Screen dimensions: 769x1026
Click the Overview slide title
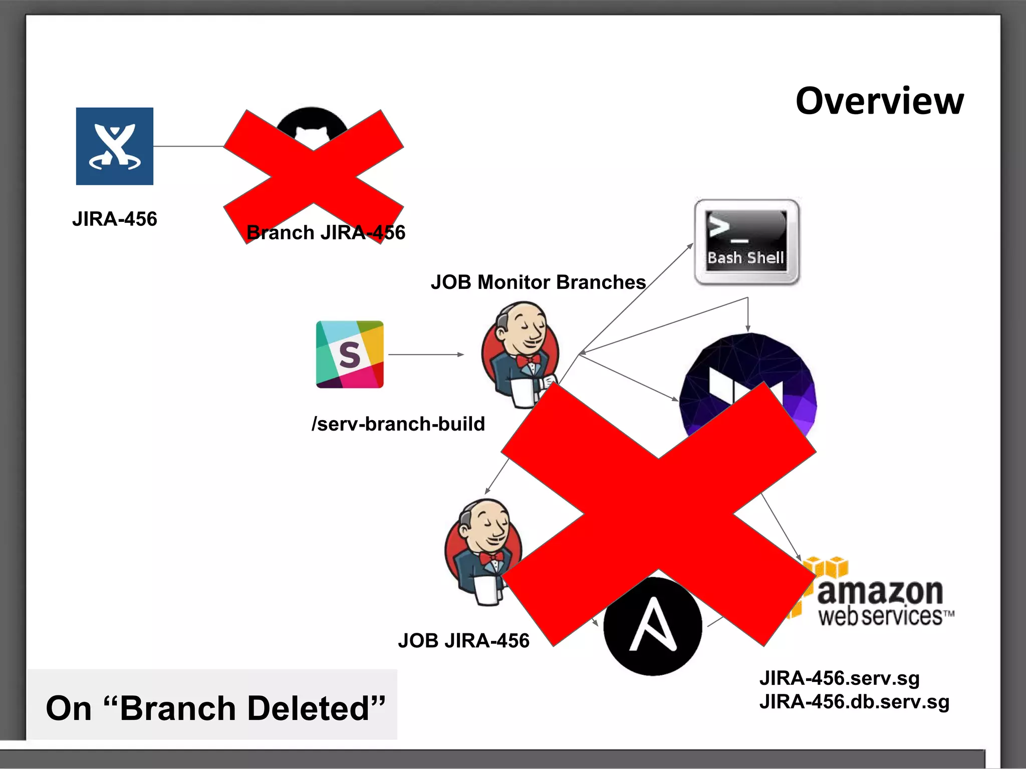pyautogui.click(x=879, y=101)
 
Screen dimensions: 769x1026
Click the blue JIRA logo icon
pyautogui.click(x=115, y=146)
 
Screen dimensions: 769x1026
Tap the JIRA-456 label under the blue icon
pyautogui.click(x=115, y=219)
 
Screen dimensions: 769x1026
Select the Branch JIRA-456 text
pyautogui.click(x=326, y=233)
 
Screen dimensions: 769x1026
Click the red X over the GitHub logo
pyautogui.click(x=313, y=176)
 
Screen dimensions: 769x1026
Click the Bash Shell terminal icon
pyautogui.click(x=746, y=242)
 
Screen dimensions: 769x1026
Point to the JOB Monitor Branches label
pyautogui.click(x=538, y=282)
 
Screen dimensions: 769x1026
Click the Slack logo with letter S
pyautogui.click(x=350, y=354)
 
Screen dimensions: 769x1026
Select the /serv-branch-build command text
pyautogui.click(x=398, y=424)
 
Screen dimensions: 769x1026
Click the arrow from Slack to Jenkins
pyautogui.click(x=426, y=354)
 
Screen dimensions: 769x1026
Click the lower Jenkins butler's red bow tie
pyautogui.click(x=491, y=557)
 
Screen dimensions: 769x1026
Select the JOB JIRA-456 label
pyautogui.click(x=463, y=641)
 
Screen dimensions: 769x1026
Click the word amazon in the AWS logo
pyautogui.click(x=880, y=592)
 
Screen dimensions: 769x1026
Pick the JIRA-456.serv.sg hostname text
pyautogui.click(x=840, y=678)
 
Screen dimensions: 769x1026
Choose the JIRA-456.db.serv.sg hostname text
pyautogui.click(x=854, y=702)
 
